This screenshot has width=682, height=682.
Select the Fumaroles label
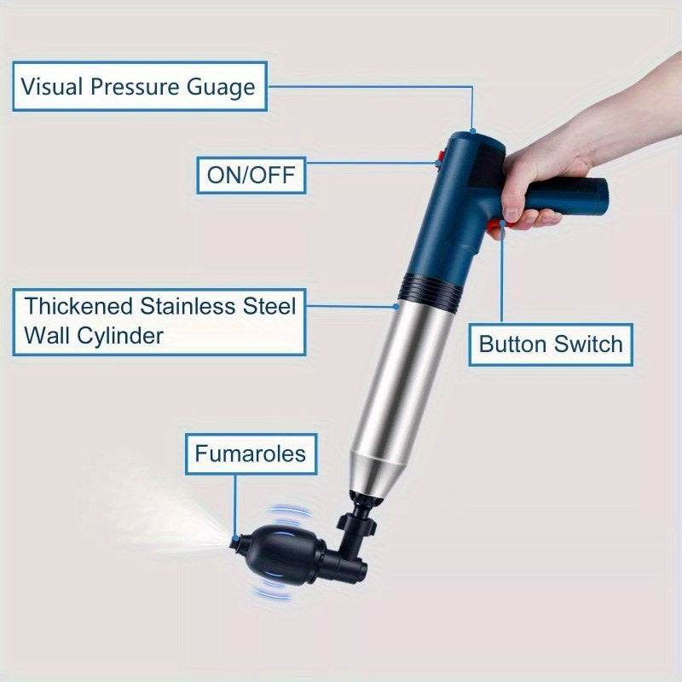(250, 453)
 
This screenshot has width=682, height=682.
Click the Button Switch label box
(551, 344)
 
